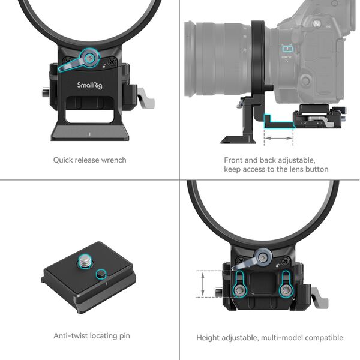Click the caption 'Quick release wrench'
[x=89, y=160]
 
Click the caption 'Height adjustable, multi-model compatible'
[x=269, y=338]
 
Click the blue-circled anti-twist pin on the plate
[x=101, y=274]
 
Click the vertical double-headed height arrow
[x=203, y=284]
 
